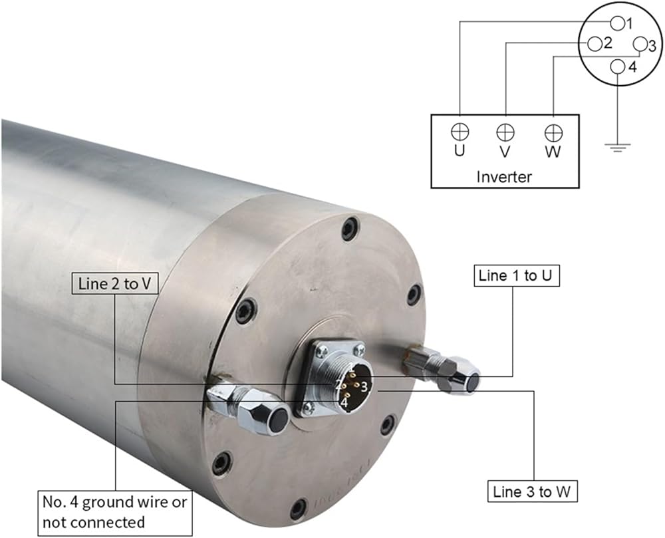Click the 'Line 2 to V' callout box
pyautogui.click(x=114, y=283)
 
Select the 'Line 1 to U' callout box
pyautogui.click(x=516, y=275)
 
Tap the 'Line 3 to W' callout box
pyautogui.click(x=532, y=491)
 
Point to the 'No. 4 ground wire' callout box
pyautogui.click(x=115, y=512)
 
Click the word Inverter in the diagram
pyautogui.click(x=504, y=177)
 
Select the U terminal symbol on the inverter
pyautogui.click(x=460, y=132)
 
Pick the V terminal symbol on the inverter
pyautogui.click(x=505, y=132)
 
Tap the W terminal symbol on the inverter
pyautogui.click(x=553, y=133)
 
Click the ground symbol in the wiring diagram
pyautogui.click(x=618, y=147)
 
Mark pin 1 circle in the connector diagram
pyautogui.click(x=617, y=23)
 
